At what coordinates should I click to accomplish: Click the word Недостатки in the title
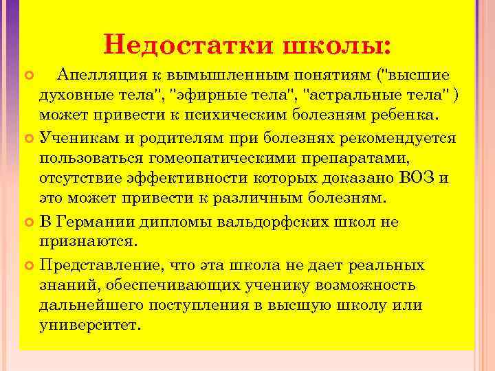pos(186,45)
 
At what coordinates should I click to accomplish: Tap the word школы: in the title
pos(337,45)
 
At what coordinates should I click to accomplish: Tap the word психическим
pos(254,113)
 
